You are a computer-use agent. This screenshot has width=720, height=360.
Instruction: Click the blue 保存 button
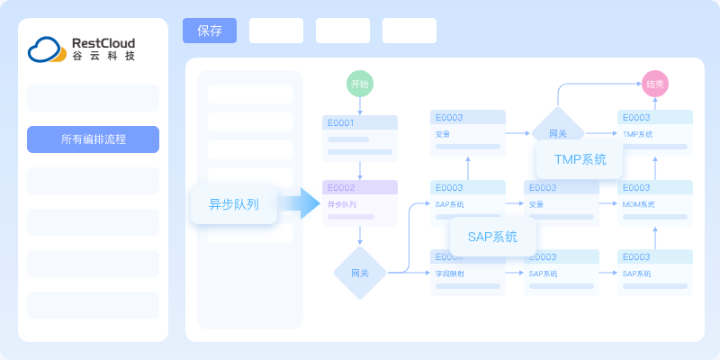(210, 31)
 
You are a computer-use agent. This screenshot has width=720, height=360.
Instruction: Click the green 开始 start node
(360, 84)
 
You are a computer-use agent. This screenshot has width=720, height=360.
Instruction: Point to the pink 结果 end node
(655, 84)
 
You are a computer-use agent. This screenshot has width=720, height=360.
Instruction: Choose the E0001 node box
(360, 138)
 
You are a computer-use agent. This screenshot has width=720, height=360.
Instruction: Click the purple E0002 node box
(360, 202)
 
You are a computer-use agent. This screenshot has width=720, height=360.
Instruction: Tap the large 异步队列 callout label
(234, 204)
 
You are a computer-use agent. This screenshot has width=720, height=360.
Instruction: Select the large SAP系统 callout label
(492, 238)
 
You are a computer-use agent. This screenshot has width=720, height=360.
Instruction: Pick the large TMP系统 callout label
(580, 159)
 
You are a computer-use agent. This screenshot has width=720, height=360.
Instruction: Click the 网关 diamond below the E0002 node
(360, 273)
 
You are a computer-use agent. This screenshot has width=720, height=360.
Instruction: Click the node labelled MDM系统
(655, 202)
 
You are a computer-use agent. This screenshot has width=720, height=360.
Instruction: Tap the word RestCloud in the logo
(103, 41)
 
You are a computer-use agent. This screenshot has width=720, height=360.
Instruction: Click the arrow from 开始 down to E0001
(360, 105)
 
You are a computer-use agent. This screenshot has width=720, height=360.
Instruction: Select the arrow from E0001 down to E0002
(360, 170)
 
